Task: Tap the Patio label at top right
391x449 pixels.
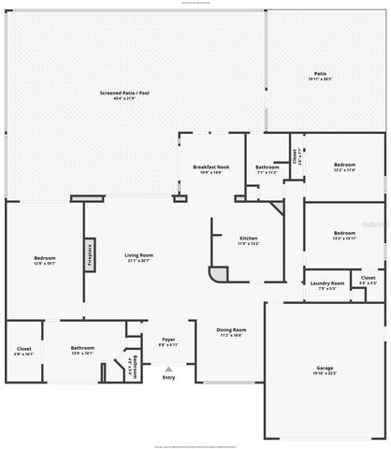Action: tap(320, 73)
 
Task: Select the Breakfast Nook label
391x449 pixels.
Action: tap(210, 167)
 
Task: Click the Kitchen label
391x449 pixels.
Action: tap(249, 239)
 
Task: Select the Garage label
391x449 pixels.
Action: tap(324, 368)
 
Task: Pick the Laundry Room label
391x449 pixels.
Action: tap(327, 282)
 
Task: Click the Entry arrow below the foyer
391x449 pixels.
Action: tap(168, 369)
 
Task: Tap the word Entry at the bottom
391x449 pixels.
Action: tap(168, 378)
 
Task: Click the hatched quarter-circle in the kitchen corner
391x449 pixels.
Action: tap(217, 276)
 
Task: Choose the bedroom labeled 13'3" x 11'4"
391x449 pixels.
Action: tap(344, 166)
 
